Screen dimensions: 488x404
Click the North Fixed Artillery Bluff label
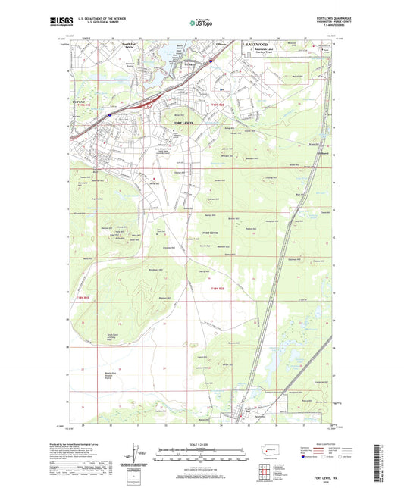[92, 338]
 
